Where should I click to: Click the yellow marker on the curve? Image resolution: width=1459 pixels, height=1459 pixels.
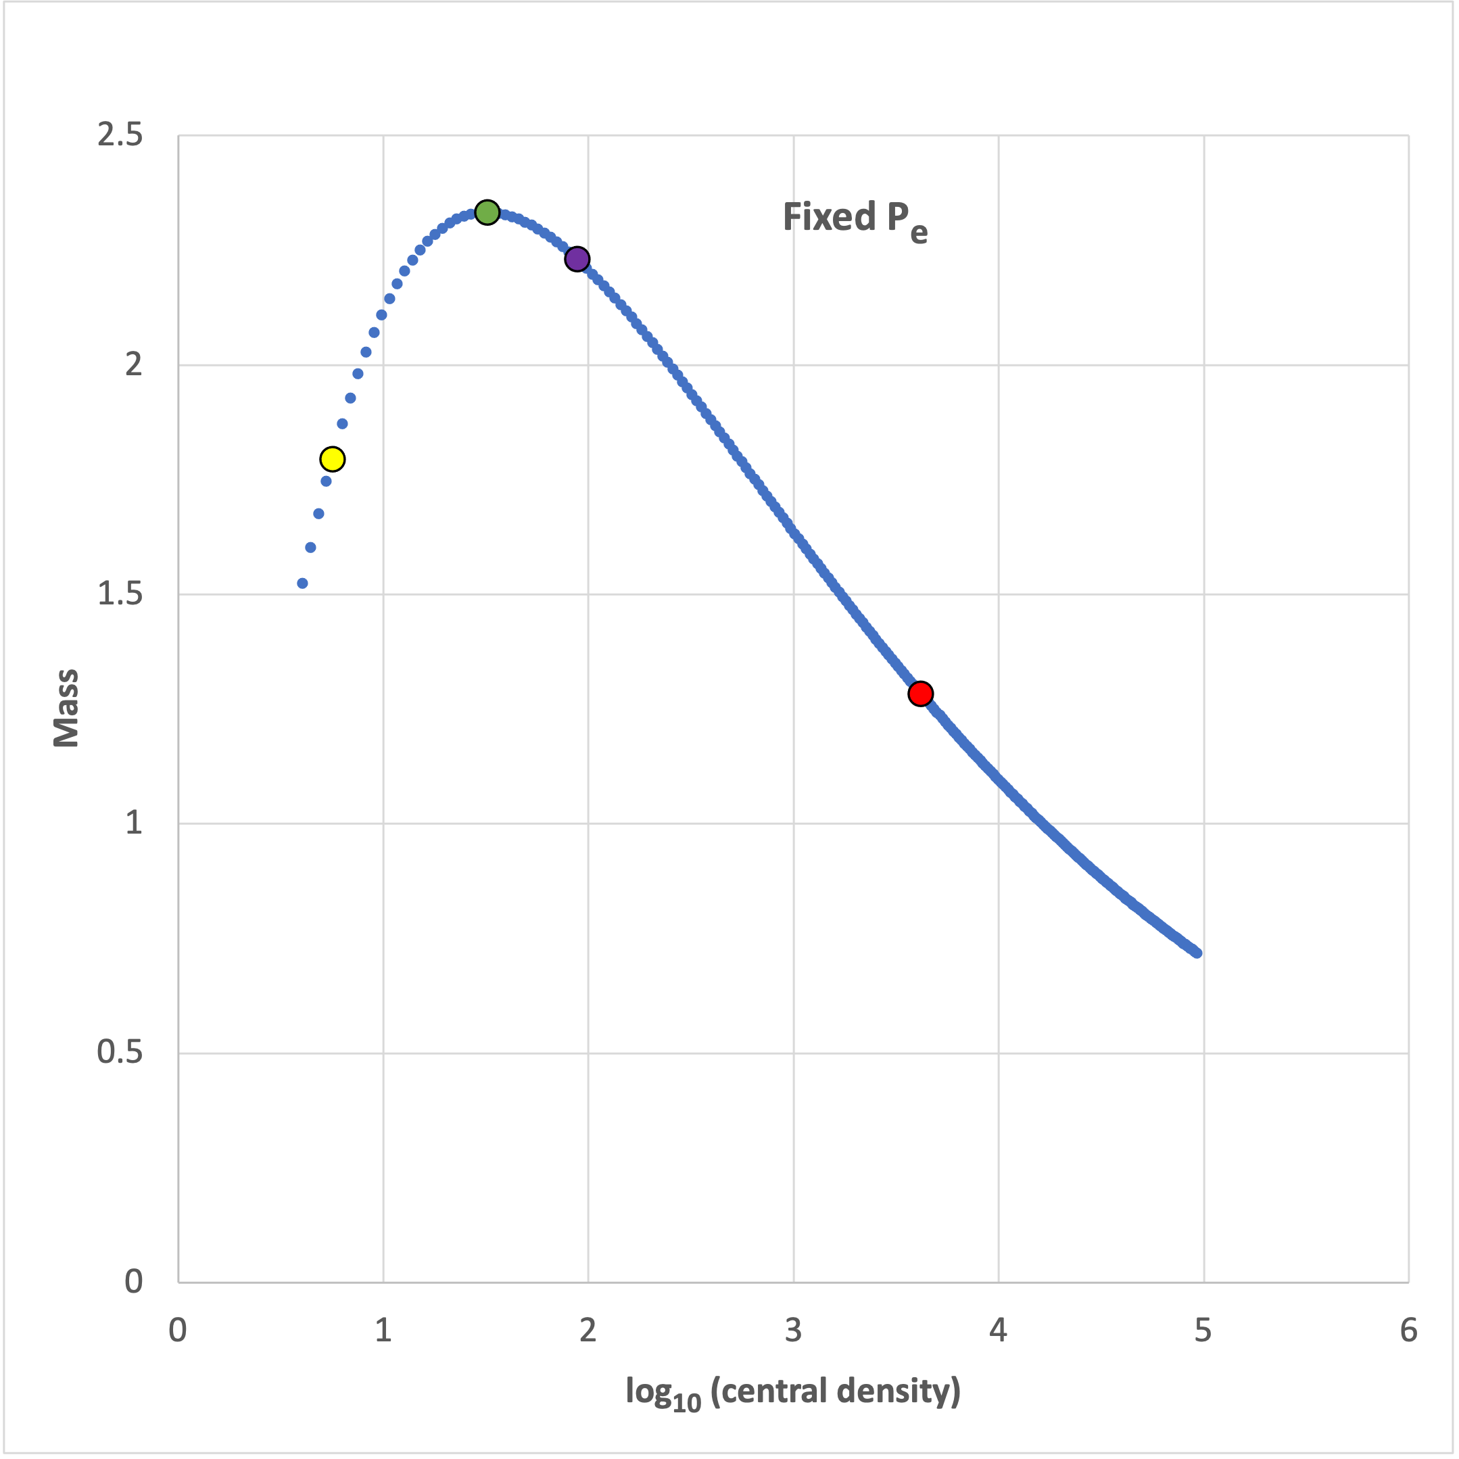coord(332,458)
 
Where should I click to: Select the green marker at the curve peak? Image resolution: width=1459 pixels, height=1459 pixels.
coord(487,212)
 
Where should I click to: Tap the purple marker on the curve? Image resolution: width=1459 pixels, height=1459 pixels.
coord(577,259)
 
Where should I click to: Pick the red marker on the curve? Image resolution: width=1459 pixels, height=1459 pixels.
coord(919,693)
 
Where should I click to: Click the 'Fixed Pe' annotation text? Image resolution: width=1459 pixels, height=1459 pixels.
coord(855,220)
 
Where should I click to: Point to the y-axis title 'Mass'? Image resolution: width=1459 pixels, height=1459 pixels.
coord(66,708)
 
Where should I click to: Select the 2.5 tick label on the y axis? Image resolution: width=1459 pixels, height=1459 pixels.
coord(120,136)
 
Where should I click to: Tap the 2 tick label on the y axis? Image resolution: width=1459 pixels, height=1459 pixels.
coord(134,366)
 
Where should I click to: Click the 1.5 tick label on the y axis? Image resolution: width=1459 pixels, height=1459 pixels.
coord(120,594)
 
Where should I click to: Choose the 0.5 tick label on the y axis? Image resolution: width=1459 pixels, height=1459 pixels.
coord(120,1053)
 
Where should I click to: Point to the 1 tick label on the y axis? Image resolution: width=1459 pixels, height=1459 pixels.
coord(134,823)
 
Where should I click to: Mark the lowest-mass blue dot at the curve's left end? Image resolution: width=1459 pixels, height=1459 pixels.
coord(302,583)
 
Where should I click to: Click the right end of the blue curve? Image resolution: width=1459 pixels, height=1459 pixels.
coord(1197,953)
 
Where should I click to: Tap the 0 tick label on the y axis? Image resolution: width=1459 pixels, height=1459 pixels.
coord(134,1282)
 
